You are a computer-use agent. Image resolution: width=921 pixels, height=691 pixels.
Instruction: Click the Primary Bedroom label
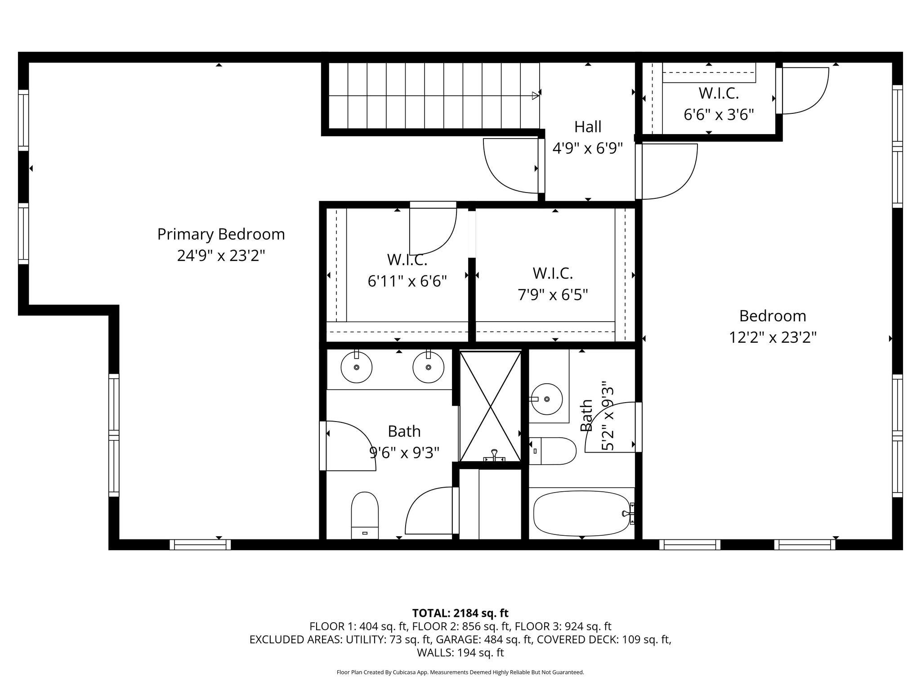click(221, 234)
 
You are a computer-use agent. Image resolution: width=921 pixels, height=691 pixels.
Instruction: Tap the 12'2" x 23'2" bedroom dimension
click(773, 337)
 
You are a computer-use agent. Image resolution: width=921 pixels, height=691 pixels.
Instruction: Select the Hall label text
click(588, 127)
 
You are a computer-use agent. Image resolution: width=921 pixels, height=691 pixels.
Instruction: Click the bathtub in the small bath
click(582, 513)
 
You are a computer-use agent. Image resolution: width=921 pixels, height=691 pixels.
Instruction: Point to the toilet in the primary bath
click(365, 515)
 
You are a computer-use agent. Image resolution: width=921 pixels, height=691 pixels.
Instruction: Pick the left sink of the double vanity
click(357, 367)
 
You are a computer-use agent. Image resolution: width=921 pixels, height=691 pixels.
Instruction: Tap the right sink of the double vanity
click(429, 367)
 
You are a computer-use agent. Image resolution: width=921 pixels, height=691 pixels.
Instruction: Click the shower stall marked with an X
click(491, 407)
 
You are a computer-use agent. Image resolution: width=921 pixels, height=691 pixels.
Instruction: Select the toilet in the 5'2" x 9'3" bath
click(553, 451)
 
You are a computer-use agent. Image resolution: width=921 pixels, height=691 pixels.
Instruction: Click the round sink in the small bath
click(546, 399)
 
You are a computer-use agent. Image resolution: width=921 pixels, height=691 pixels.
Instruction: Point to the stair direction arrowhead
click(536, 95)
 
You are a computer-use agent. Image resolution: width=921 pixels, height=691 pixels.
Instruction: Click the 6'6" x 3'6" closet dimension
click(719, 115)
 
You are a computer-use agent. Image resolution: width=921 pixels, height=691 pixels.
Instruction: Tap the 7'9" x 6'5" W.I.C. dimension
click(553, 295)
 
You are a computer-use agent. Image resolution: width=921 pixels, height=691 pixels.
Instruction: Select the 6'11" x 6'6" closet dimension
click(407, 282)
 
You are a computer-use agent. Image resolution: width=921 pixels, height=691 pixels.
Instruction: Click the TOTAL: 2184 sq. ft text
click(460, 613)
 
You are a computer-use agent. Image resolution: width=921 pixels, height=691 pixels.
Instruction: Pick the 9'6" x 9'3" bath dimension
click(404, 453)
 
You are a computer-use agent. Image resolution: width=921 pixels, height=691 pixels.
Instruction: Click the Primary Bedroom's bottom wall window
click(200, 544)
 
